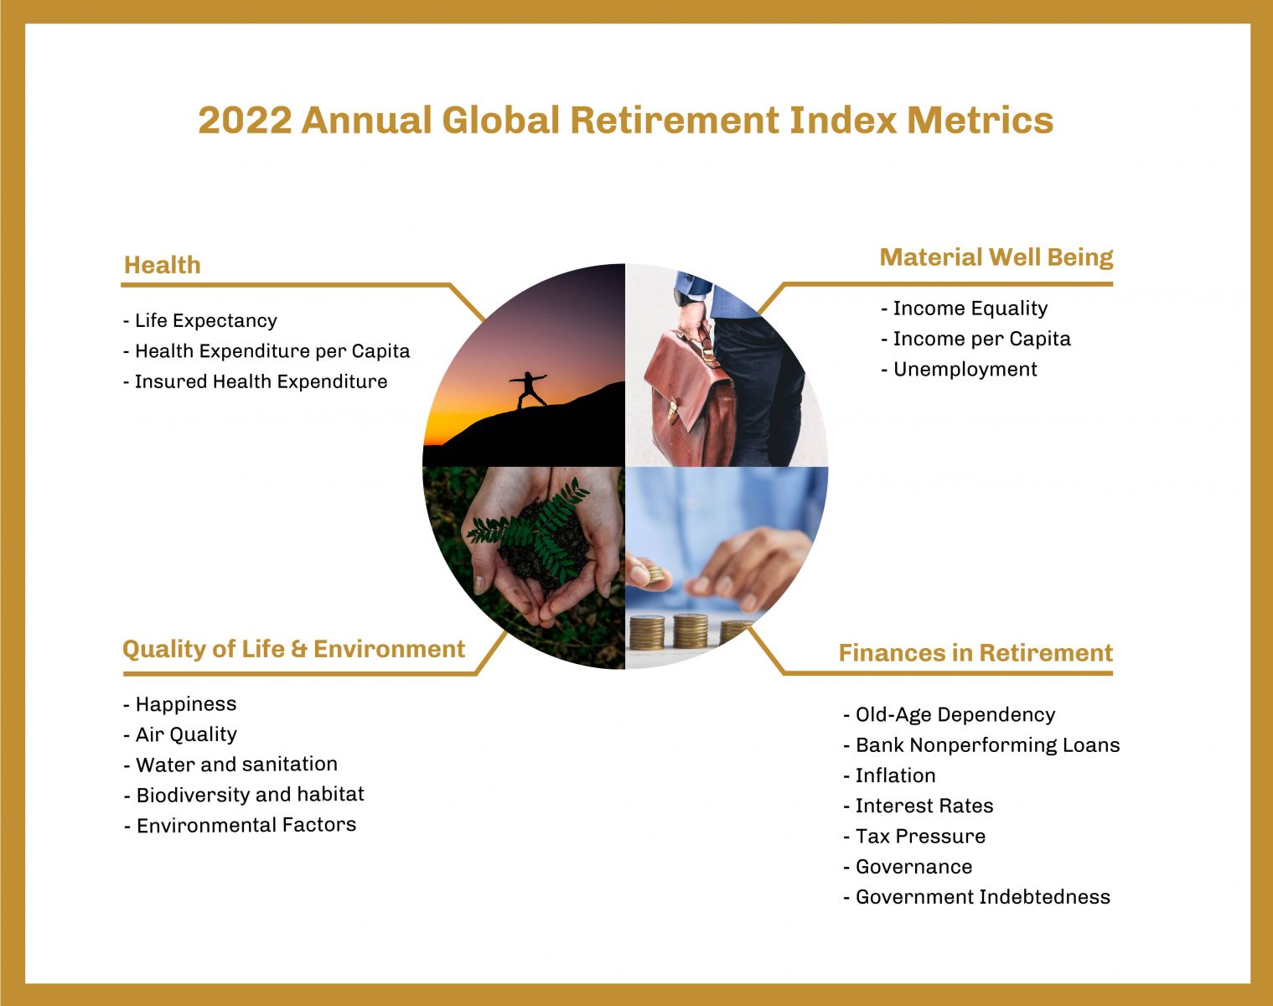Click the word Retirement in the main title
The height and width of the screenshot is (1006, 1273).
point(674,120)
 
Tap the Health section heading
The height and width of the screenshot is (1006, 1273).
point(162,265)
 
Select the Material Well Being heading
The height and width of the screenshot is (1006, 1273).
point(996,257)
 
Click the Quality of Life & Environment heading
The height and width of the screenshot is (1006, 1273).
point(293,649)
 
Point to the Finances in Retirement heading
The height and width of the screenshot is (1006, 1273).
point(975,652)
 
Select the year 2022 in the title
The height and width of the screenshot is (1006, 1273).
point(245,120)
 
